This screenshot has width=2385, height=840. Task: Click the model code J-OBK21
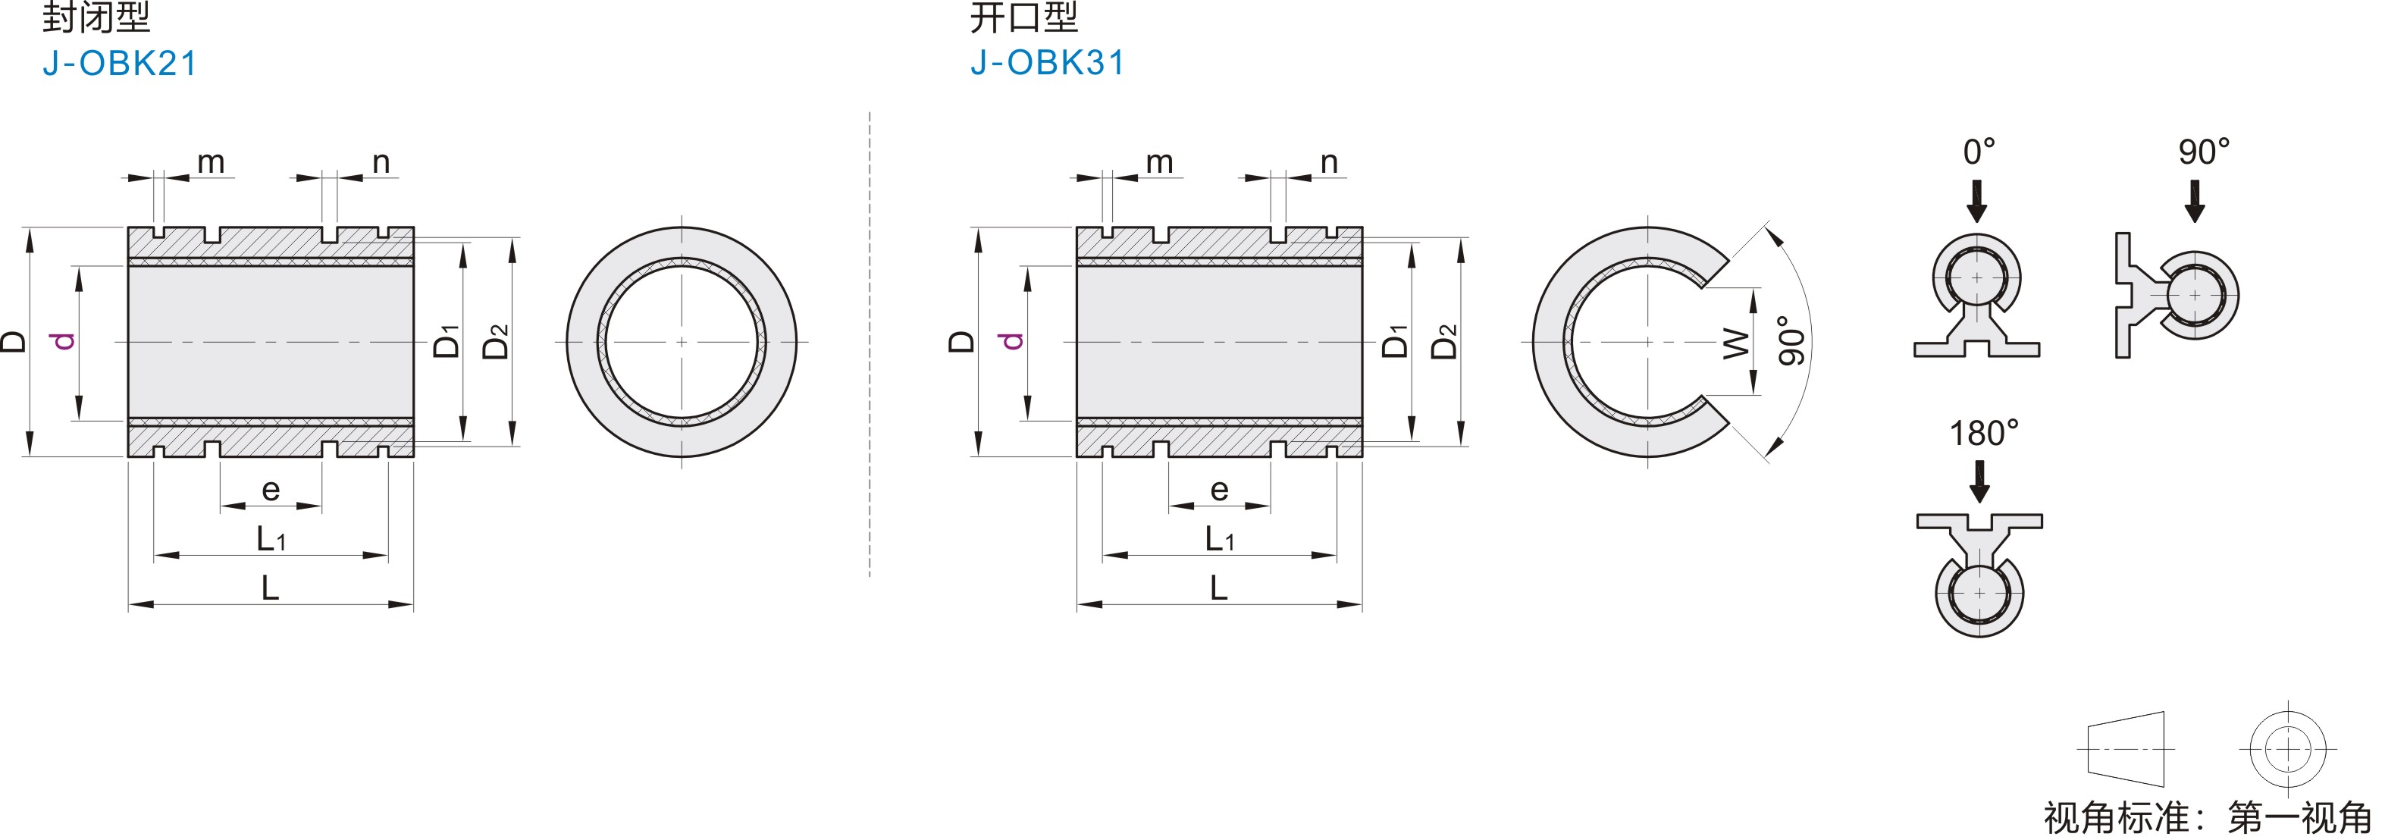point(121,64)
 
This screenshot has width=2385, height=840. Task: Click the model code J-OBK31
point(1048,63)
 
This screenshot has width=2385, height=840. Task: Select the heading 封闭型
point(96,17)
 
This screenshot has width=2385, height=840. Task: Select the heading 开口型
point(1024,17)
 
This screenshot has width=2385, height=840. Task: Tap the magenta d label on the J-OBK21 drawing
point(63,341)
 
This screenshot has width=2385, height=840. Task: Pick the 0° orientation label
point(1979,152)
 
